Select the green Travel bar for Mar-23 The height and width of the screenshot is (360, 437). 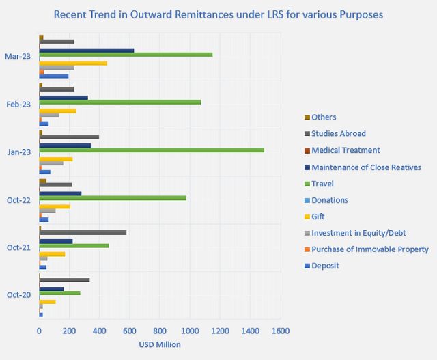pyautogui.click(x=126, y=54)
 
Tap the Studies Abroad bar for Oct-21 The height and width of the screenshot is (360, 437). pyautogui.click(x=83, y=232)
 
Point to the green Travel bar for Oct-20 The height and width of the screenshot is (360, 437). pyautogui.click(x=60, y=292)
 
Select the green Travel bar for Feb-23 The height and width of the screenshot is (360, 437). pyautogui.click(x=120, y=102)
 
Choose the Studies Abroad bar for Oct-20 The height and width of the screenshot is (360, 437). pyautogui.click(x=64, y=280)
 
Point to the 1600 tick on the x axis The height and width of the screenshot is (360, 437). pyautogui.click(x=280, y=331)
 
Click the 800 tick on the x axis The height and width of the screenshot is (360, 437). pyautogui.click(x=160, y=331)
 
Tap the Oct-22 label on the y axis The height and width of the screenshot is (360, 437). pyautogui.click(x=18, y=199)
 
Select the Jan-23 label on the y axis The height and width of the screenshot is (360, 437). pyautogui.click(x=18, y=152)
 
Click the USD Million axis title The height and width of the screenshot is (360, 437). pyautogui.click(x=160, y=345)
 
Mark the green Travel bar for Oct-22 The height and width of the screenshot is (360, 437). pyautogui.click(x=113, y=197)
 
